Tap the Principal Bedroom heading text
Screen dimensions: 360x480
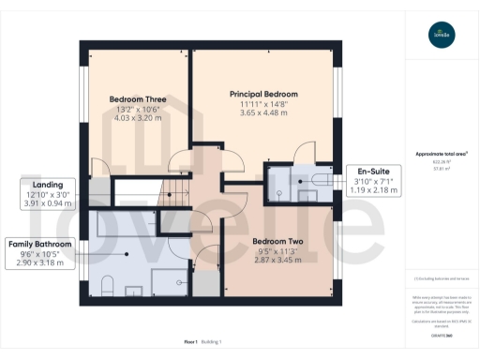point(263,95)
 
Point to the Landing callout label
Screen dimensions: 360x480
point(48,186)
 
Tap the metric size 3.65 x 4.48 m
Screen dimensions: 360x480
point(263,114)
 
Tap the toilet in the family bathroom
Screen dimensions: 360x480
point(106,285)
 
